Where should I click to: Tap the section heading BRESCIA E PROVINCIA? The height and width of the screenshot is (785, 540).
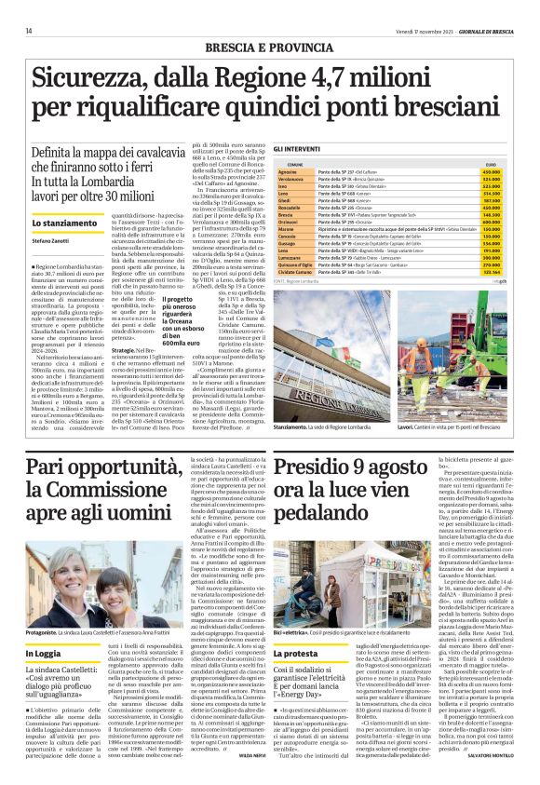[269, 46]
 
